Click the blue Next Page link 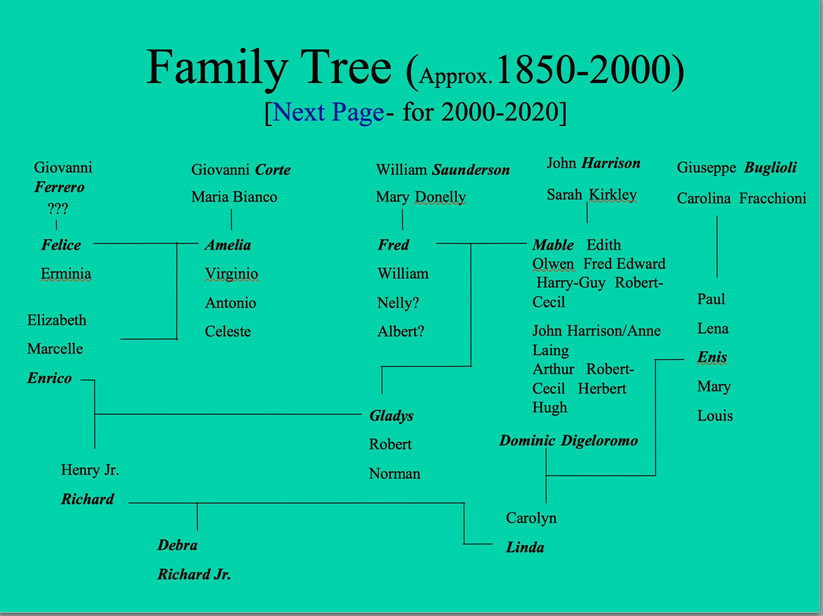click(x=328, y=112)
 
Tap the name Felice click(x=61, y=245)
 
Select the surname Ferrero click(x=59, y=187)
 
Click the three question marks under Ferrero click(x=58, y=208)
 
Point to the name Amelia click(x=228, y=245)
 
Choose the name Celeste click(x=228, y=331)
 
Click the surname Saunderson click(x=471, y=170)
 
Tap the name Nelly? click(x=398, y=303)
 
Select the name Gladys click(x=392, y=416)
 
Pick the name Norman click(x=395, y=473)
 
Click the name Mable click(x=553, y=245)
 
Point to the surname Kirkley click(x=613, y=195)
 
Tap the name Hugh click(x=550, y=408)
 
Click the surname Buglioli click(x=771, y=168)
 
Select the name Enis click(x=712, y=357)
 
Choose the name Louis click(x=715, y=416)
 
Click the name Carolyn click(x=531, y=518)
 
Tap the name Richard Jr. click(x=194, y=574)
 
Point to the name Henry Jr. click(x=90, y=470)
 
